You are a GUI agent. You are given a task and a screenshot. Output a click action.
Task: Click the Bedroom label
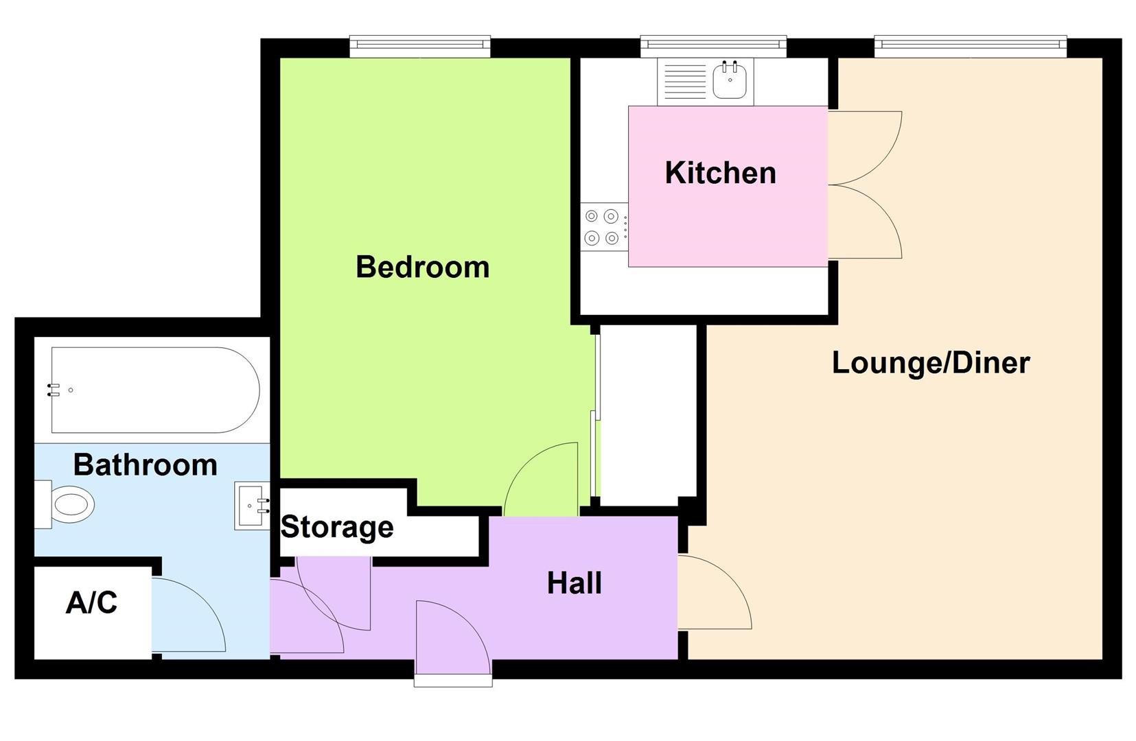tap(423, 268)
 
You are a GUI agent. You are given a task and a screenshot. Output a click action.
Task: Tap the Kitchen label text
tap(720, 173)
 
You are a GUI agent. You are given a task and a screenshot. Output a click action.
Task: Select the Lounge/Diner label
tap(931, 363)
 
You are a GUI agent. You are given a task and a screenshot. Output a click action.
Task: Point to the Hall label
tap(575, 584)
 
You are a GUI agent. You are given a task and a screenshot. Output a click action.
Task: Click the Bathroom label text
tap(146, 465)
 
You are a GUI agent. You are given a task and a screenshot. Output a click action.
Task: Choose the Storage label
tap(337, 528)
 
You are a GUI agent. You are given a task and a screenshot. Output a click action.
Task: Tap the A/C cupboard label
tap(91, 603)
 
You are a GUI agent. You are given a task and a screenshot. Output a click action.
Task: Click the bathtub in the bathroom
tap(155, 390)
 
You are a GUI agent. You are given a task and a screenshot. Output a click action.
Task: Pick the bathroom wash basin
tap(252, 506)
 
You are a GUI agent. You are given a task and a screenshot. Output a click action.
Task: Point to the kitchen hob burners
tap(602, 227)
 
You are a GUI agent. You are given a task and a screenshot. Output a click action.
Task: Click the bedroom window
tap(420, 46)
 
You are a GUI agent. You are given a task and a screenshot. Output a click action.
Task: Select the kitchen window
tap(713, 46)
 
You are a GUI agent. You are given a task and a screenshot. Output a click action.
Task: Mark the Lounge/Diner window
tap(971, 46)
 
